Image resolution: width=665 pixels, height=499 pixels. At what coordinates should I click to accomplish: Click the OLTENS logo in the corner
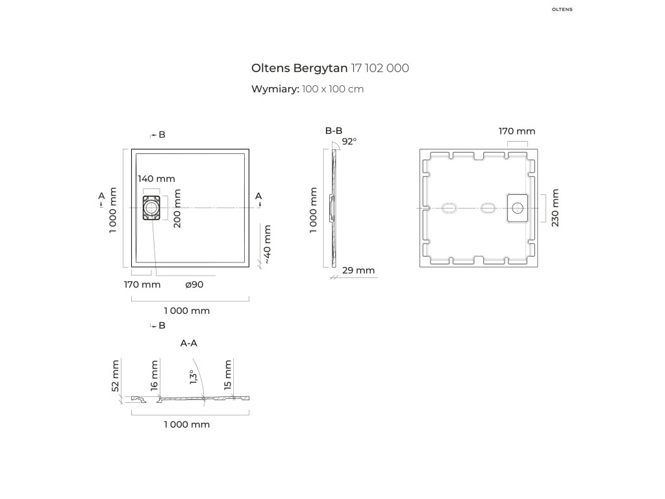tap(562, 9)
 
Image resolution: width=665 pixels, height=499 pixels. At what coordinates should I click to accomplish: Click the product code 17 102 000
tap(380, 68)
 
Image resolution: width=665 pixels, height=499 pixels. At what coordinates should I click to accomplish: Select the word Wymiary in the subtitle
tap(275, 89)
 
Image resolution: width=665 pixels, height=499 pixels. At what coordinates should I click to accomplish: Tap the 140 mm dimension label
tap(157, 179)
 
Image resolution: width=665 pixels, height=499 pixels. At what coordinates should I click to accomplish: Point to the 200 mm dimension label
tap(177, 209)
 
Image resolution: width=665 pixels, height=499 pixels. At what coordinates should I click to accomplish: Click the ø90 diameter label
tap(194, 285)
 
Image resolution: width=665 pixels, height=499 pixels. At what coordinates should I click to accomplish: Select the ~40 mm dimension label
tap(267, 244)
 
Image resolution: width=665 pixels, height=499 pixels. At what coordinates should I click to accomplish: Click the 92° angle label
tap(349, 141)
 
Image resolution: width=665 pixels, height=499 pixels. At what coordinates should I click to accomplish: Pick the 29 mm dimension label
tap(358, 270)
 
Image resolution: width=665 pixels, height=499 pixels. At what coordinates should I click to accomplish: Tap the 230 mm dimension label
tap(555, 208)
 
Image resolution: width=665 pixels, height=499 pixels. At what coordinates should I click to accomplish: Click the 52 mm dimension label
tap(116, 376)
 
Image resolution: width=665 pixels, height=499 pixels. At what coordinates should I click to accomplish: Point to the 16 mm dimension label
tap(154, 375)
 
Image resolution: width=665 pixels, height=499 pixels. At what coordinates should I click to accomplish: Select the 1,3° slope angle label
tap(194, 377)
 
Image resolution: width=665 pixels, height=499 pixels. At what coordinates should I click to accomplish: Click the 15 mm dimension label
tap(228, 375)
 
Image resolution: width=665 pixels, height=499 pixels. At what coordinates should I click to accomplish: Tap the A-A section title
tap(189, 343)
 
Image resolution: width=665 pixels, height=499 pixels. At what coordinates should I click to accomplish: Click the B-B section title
tap(334, 131)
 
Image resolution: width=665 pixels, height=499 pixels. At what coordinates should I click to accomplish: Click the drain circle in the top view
tap(151, 208)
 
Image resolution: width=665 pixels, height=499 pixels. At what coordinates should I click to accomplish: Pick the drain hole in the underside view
tap(518, 208)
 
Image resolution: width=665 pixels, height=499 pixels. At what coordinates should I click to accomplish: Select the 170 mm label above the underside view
tap(517, 131)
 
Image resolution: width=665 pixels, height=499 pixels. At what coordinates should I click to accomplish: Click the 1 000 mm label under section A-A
tap(187, 424)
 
